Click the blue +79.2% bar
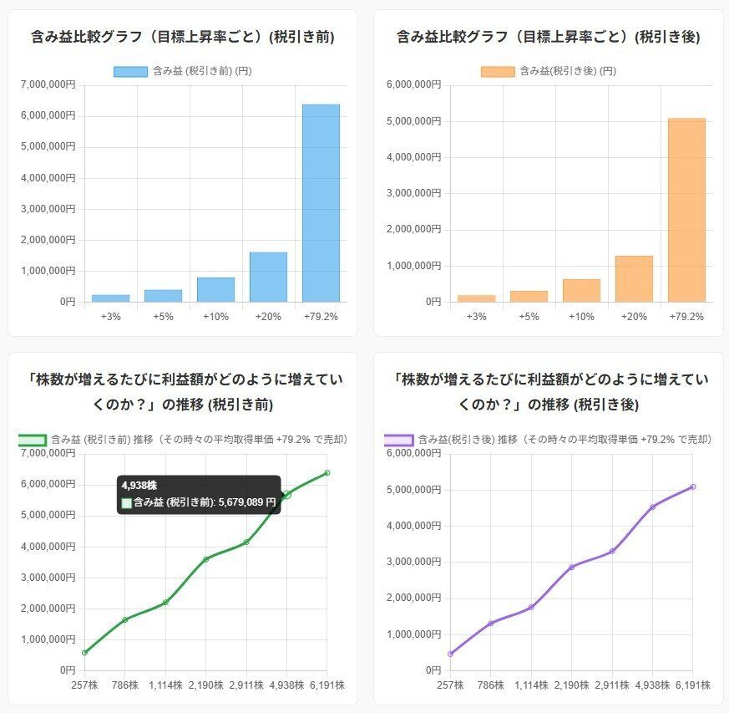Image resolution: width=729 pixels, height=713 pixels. tap(321, 202)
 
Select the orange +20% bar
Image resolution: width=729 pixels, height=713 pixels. tap(634, 278)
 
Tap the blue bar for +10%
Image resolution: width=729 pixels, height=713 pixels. tap(215, 289)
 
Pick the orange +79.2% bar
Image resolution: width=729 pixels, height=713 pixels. tap(686, 209)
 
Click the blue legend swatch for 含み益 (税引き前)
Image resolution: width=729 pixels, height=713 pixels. tap(130, 72)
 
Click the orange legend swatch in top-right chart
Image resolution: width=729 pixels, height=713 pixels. tap(498, 72)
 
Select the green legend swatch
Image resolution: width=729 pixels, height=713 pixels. tap(32, 440)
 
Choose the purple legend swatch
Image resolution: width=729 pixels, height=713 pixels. tap(398, 440)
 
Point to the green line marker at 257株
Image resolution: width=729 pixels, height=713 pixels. tap(85, 652)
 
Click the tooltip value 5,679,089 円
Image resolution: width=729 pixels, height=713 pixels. tap(247, 502)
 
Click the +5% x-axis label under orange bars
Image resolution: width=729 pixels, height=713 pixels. tap(529, 317)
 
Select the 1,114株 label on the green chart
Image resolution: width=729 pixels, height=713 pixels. tap(165, 685)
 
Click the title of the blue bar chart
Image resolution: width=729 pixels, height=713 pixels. tap(183, 37)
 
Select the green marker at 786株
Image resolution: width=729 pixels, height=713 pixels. tap(125, 619)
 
